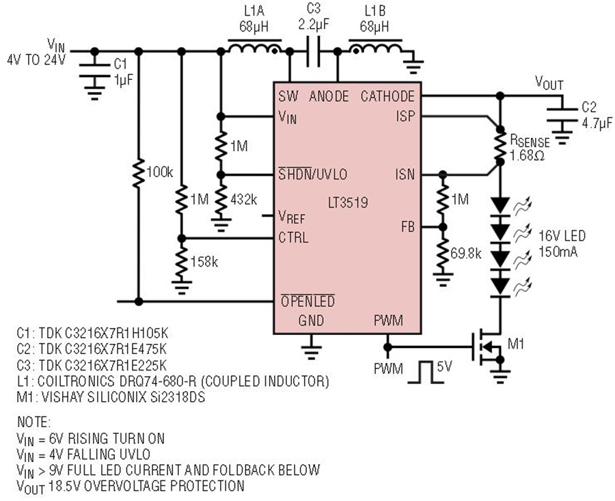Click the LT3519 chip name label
(348, 202)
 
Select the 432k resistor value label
(243, 200)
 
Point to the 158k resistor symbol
(181, 261)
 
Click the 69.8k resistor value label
(465, 254)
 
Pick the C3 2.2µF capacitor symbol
(314, 51)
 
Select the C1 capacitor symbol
(94, 70)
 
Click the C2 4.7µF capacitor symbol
(562, 115)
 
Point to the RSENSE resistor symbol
(500, 145)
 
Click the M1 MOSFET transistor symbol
(487, 347)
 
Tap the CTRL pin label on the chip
(293, 238)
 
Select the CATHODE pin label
(387, 96)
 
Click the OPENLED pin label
(308, 301)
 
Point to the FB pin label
(407, 227)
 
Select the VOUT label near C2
(549, 83)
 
